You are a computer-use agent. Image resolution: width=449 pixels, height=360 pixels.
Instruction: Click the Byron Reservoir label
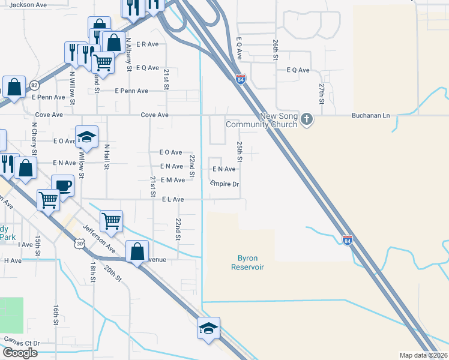247,262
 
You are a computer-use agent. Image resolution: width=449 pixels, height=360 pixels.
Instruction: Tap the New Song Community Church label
261,121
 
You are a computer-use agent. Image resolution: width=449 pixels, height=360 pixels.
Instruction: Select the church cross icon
307,119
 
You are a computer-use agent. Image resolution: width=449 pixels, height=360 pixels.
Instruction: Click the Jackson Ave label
28,5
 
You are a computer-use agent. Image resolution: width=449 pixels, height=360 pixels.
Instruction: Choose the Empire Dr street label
225,184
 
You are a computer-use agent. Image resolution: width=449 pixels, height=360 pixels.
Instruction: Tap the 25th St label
239,152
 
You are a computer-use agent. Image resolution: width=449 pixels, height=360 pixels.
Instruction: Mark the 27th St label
322,94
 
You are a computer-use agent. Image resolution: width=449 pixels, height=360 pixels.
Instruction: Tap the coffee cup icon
62,185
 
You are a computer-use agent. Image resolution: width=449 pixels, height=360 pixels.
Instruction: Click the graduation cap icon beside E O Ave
86,136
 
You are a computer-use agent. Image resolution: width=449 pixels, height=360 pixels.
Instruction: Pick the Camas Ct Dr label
22,343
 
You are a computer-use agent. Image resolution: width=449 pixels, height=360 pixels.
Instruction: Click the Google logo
20,353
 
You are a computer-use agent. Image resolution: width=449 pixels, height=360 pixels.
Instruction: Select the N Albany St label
128,54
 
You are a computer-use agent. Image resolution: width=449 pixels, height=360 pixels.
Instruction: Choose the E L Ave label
173,199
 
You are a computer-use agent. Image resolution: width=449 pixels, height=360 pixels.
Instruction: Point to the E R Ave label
146,44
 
